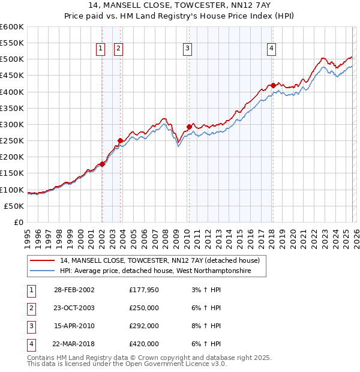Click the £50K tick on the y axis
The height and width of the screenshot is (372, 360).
tap(14, 206)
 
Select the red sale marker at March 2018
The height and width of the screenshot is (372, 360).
tap(273, 85)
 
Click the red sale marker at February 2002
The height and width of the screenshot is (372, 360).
tap(103, 164)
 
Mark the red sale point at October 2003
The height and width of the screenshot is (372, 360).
tap(121, 140)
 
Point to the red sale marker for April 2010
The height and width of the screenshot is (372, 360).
tap(189, 127)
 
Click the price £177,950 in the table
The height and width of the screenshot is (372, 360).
tap(144, 290)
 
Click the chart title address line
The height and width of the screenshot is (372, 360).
tap(179, 5)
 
